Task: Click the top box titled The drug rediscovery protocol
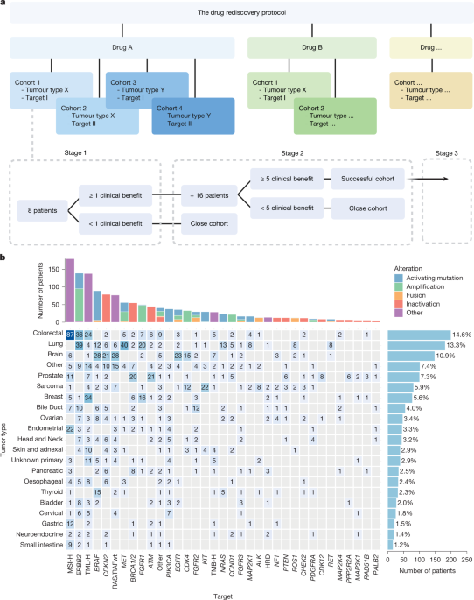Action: coord(236,15)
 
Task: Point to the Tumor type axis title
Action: coord(6,415)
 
